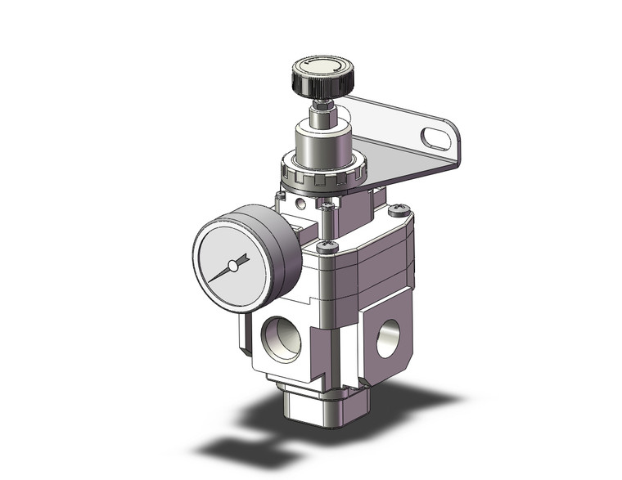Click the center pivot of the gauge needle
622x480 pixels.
(x=233, y=265)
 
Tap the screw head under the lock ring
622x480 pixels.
(x=329, y=204)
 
